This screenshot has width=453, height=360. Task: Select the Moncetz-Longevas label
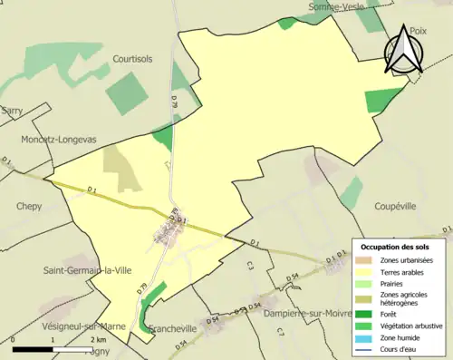click(59, 140)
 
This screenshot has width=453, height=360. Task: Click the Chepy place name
click(29, 206)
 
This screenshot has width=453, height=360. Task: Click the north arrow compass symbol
click(406, 50)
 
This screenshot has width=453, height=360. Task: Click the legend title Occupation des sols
click(395, 247)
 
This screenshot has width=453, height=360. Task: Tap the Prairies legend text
click(392, 283)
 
